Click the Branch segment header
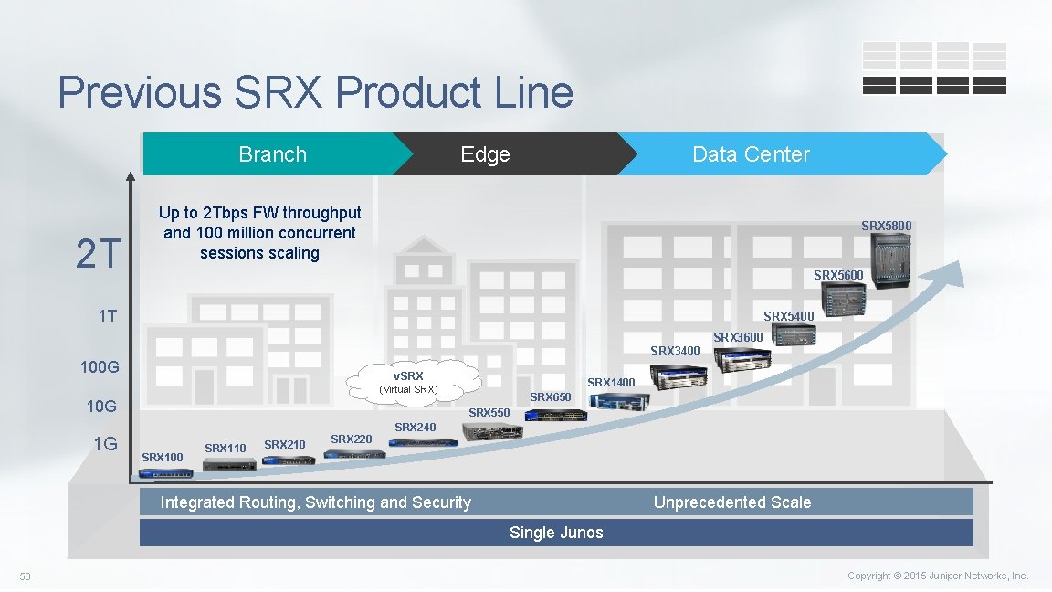click(x=272, y=154)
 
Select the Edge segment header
click(x=485, y=154)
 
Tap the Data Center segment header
click(x=751, y=154)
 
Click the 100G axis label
click(x=100, y=368)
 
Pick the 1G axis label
click(x=105, y=444)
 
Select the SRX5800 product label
click(x=886, y=226)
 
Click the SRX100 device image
click(x=166, y=473)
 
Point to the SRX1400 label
click(x=611, y=382)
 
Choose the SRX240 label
click(x=416, y=427)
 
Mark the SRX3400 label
click(x=675, y=351)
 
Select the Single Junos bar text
click(x=556, y=533)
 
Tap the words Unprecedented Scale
click(x=731, y=502)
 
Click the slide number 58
click(x=26, y=576)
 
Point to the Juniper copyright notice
click(x=937, y=576)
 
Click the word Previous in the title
click(x=139, y=93)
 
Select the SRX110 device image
click(x=229, y=465)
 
